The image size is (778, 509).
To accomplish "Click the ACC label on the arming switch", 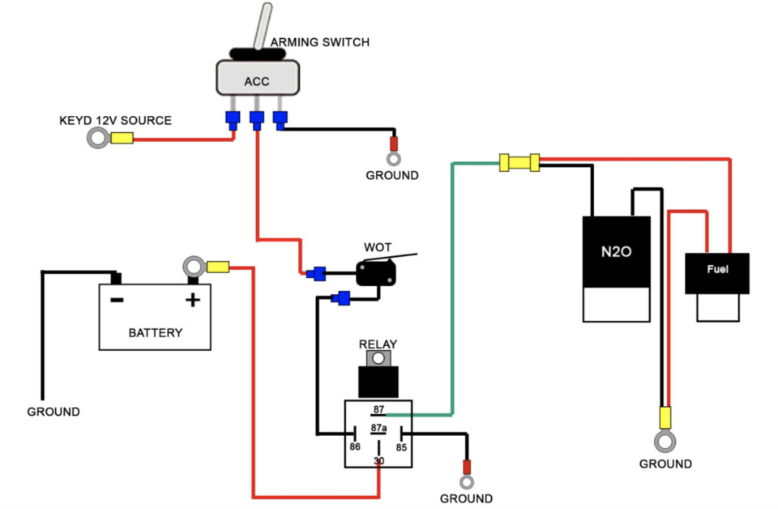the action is coord(257,81).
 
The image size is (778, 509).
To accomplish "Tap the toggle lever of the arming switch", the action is coord(263,26).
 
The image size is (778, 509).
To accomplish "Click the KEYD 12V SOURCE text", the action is coord(115,121).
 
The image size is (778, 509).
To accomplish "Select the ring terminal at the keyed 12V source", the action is coord(98,138).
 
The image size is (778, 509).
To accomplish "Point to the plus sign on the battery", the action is coord(193,300).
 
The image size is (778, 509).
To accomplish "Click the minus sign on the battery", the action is coord(117,300).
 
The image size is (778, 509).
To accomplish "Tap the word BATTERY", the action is coord(156,333).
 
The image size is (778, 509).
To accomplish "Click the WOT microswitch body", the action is coord(376,273).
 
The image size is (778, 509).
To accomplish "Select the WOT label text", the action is coord(378,247).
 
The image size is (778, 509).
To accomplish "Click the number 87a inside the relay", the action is coord(378,428).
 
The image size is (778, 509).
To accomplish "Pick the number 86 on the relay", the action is coord(355,447).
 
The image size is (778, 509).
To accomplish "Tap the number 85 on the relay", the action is coord(401,447).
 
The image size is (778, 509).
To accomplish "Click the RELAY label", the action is coord(378,344).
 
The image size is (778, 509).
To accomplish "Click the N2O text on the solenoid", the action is coord(616,251).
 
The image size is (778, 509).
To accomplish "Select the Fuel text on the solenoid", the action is coord(717,269).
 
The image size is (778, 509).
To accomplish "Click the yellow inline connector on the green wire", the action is coord(519,162).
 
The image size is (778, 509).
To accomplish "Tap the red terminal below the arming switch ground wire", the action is coord(394,144).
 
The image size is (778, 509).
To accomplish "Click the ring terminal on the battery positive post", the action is coord(194,267).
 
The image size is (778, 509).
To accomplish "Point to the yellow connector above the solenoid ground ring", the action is coord(665,417).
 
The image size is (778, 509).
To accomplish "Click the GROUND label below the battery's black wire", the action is coord(53,412).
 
